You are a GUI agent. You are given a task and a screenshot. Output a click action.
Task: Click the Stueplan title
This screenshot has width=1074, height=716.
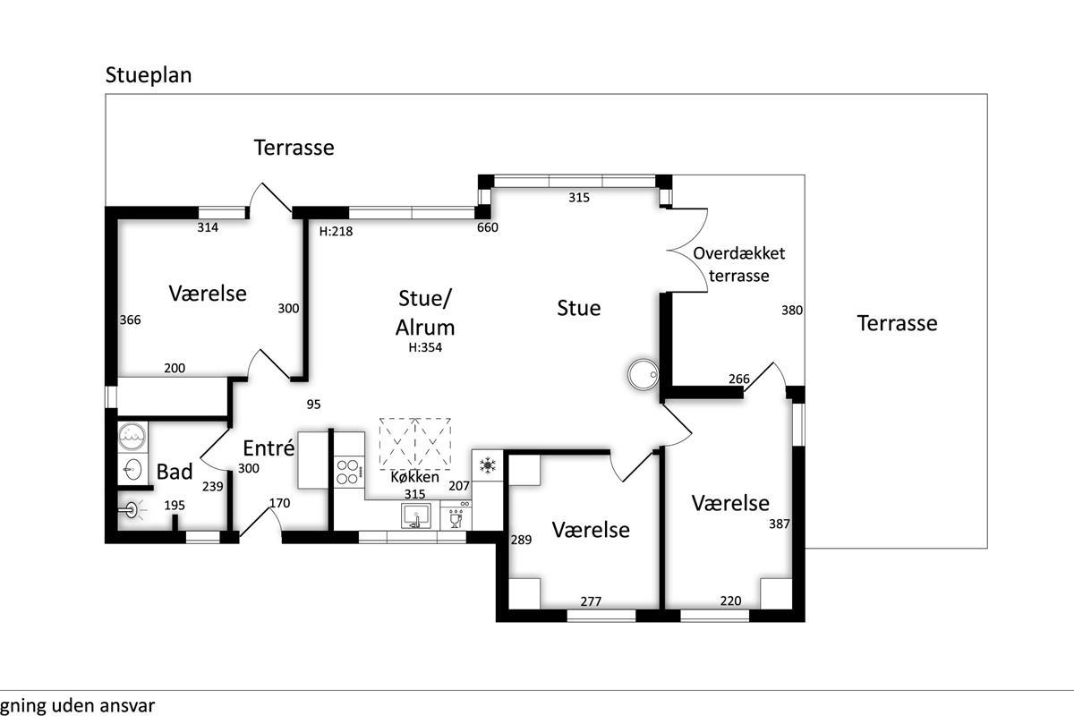coord(149,74)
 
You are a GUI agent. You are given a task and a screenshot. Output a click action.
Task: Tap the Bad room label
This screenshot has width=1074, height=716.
coord(175,472)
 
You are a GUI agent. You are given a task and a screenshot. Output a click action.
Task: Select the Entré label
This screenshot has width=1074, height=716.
coord(268,447)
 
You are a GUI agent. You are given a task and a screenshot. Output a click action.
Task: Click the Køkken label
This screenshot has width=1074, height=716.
coord(415,477)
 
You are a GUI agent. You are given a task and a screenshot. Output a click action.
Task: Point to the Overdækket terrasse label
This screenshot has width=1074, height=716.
coord(739,264)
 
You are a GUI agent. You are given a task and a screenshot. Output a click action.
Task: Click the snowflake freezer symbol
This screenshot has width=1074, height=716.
coord(489,465)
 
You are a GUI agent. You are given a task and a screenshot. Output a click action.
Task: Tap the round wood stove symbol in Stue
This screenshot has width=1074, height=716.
coord(643,374)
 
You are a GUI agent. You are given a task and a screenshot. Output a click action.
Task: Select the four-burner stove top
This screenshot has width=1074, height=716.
coord(349,471)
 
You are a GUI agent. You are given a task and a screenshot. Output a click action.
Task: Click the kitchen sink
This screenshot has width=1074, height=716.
coord(415,516)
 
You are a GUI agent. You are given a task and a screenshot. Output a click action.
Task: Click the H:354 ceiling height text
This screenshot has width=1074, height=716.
coord(425,348)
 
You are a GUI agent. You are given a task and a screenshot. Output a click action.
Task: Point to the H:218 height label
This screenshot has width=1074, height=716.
coord(337,231)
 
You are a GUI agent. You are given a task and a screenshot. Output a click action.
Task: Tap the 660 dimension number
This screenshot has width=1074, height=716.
coord(488,227)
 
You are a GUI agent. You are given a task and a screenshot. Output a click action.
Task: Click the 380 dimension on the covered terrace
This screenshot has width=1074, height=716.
coord(792,311)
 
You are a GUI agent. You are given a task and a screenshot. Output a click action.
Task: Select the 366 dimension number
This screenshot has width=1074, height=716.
coord(131,320)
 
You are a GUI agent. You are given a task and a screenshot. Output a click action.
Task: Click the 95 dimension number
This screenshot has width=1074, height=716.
coord(313,404)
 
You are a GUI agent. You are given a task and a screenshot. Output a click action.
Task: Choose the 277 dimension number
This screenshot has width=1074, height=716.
coord(591,601)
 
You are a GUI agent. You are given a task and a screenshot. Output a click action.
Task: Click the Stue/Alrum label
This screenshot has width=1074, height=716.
coord(425,311)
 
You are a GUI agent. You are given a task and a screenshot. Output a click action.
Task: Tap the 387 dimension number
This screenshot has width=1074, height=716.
coord(780,524)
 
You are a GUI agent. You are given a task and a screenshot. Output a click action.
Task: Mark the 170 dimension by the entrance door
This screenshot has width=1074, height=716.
coord(280,503)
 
